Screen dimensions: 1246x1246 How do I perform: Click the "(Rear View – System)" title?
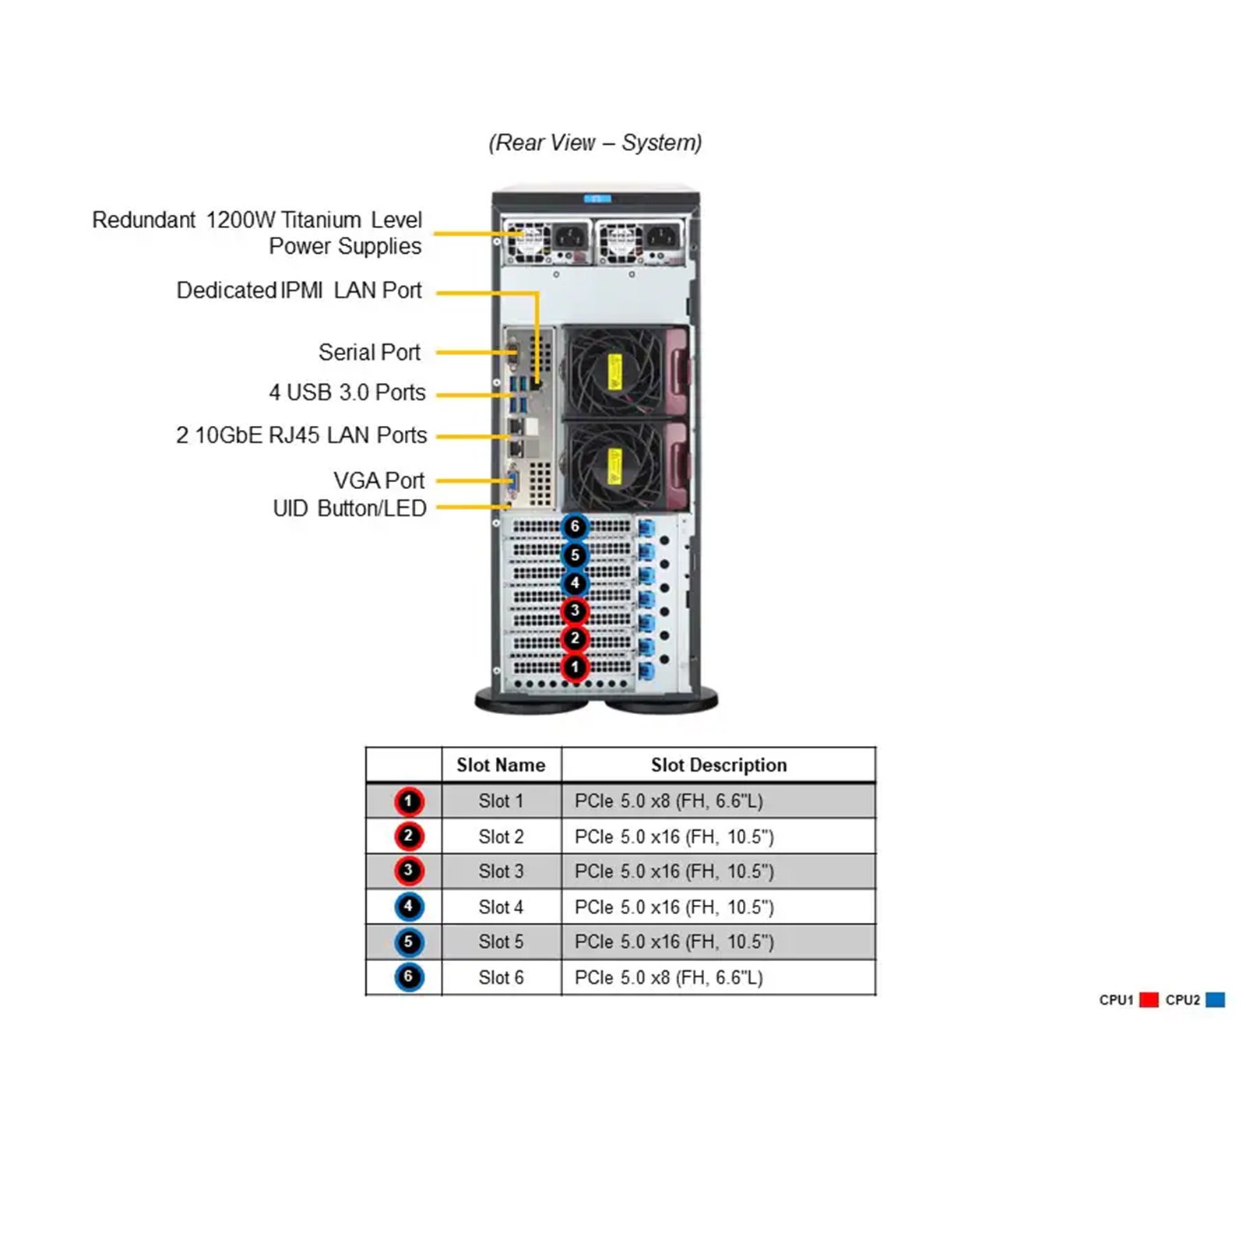(x=595, y=143)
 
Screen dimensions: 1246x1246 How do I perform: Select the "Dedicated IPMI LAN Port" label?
(x=299, y=290)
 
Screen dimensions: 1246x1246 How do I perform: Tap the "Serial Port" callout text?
(x=369, y=352)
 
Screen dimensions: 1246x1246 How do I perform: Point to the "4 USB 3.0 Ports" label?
(x=347, y=392)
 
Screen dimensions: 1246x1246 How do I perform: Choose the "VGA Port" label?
(x=378, y=480)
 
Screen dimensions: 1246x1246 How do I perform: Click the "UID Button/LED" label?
(x=350, y=509)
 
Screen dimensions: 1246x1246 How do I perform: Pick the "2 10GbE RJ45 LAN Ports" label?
(x=301, y=435)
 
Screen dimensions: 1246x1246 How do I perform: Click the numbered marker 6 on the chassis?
(x=575, y=526)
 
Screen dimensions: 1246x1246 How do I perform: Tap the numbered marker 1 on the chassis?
(x=575, y=667)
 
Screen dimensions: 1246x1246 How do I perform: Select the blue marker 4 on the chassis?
(x=575, y=583)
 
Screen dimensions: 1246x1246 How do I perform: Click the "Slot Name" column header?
(x=501, y=765)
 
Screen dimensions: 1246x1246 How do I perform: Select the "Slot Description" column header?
(x=719, y=765)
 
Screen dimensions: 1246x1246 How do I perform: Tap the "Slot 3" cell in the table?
(x=501, y=871)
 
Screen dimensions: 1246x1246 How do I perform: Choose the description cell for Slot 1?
(x=669, y=801)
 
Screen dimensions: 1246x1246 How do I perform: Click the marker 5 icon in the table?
(x=408, y=942)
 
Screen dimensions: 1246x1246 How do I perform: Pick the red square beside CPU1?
(x=1149, y=1000)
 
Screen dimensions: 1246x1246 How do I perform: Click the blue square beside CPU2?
(x=1215, y=1000)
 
